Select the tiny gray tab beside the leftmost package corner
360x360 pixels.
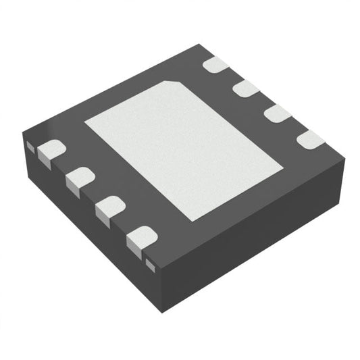[29, 145]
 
